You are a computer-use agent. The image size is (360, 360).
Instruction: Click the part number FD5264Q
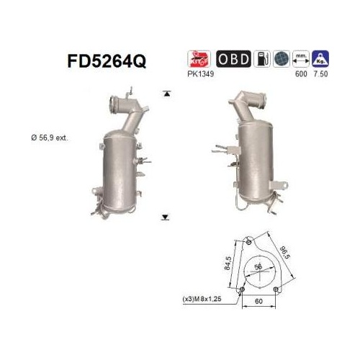pyautogui.click(x=107, y=61)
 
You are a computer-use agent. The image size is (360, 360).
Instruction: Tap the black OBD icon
pyautogui.click(x=233, y=59)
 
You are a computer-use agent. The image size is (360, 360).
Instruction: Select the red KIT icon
pyautogui.click(x=199, y=59)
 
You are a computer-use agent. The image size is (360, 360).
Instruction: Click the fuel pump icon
pyautogui.click(x=262, y=59)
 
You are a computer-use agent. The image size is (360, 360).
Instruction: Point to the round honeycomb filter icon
pyautogui.click(x=282, y=59)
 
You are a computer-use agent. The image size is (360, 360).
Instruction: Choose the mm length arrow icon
pyautogui.click(x=301, y=59)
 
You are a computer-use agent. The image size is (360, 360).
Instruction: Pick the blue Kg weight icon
pyautogui.click(x=320, y=59)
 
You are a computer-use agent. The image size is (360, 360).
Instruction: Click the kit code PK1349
pyautogui.click(x=201, y=73)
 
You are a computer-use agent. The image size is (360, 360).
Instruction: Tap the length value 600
pyautogui.click(x=301, y=73)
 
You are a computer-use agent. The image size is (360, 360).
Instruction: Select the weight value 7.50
pyautogui.click(x=320, y=73)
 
